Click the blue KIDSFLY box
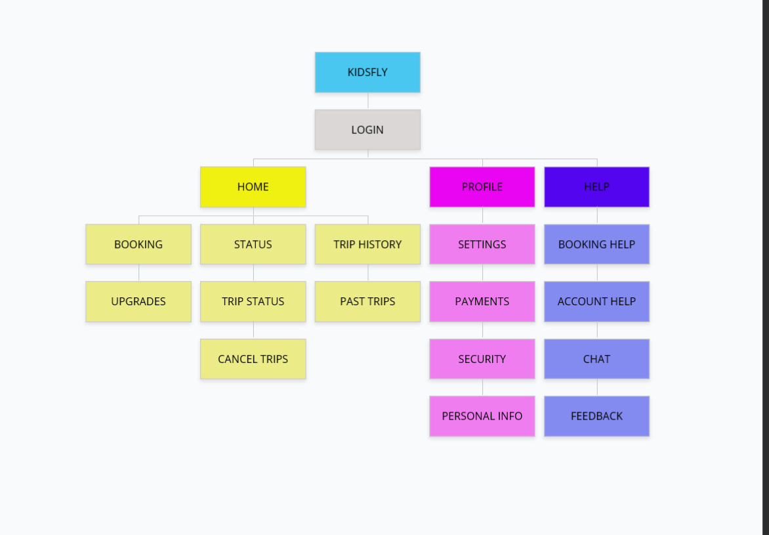[x=367, y=72]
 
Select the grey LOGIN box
[x=367, y=129]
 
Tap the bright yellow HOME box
[x=253, y=187]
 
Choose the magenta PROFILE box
[x=482, y=187]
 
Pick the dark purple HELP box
[x=597, y=187]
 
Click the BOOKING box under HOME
[x=138, y=244]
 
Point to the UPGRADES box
[x=138, y=301]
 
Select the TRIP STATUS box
[x=253, y=301]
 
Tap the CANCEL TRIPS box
[x=253, y=359]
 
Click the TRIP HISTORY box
[x=367, y=244]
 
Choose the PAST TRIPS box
[x=367, y=301]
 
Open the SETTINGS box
[x=482, y=244]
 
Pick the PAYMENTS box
[x=482, y=301]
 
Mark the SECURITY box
[x=482, y=359]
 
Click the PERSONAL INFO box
[x=482, y=416]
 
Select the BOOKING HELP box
[x=597, y=244]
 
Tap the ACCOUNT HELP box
[x=597, y=301]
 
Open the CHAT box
[x=597, y=359]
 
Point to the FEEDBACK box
[x=597, y=416]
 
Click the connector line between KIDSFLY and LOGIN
[x=368, y=100]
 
